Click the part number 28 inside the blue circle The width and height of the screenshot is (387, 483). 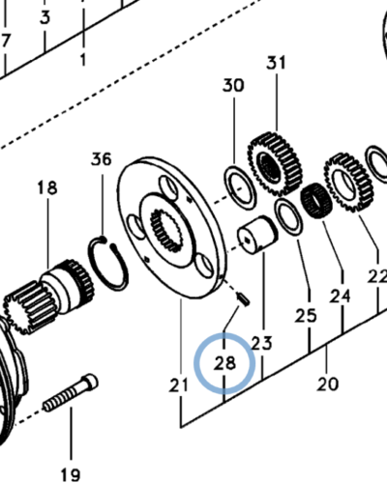point(224,364)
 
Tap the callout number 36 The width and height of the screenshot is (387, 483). point(102,159)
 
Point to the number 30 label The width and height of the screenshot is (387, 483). point(233,86)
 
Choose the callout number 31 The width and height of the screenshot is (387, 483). point(278,64)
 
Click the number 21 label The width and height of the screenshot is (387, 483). point(178,385)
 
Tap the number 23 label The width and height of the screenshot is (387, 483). point(261,343)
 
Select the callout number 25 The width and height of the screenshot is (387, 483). point(306,315)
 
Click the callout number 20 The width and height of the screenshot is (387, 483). point(327,384)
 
